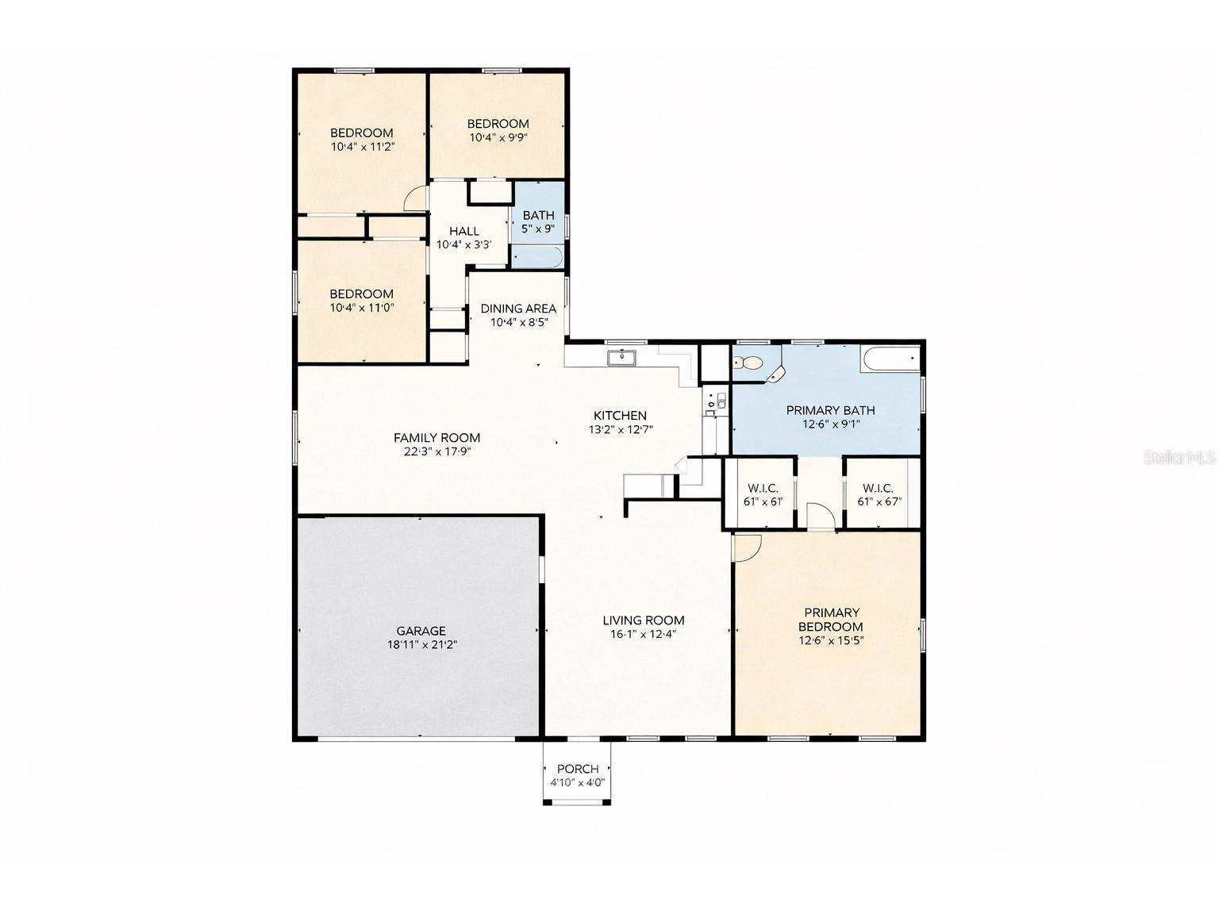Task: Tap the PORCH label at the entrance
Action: (x=578, y=769)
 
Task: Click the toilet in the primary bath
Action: (x=748, y=363)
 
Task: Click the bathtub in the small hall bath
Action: (x=537, y=256)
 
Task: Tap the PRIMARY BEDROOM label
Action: (x=831, y=620)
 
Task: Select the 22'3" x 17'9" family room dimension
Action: (x=436, y=452)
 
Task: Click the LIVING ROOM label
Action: (x=643, y=620)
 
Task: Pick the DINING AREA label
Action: (x=518, y=309)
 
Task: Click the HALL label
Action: (x=463, y=231)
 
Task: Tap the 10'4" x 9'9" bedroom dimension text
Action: (x=498, y=137)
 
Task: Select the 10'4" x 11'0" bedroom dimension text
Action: (x=362, y=308)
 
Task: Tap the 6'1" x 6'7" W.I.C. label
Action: (x=879, y=501)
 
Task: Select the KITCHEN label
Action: (x=620, y=415)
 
